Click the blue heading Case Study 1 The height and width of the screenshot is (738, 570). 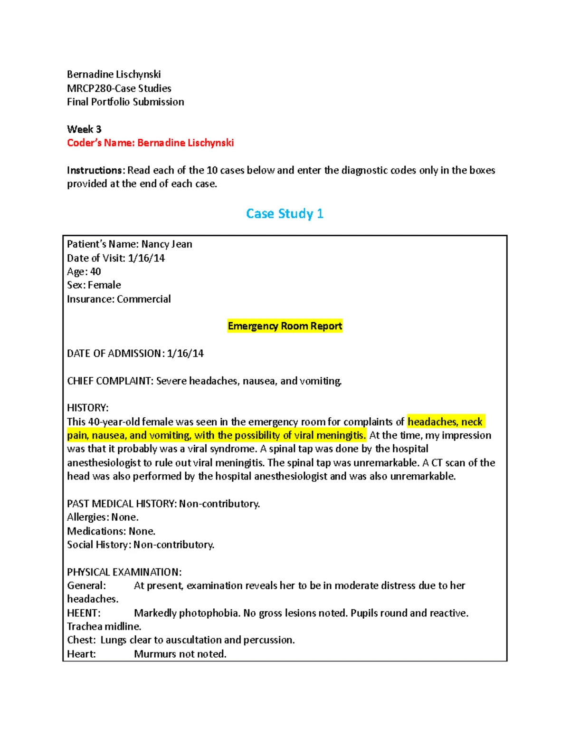(x=285, y=214)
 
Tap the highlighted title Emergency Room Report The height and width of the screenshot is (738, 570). (x=285, y=326)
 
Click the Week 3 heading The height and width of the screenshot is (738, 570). (x=84, y=129)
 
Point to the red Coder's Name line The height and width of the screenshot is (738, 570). (x=150, y=143)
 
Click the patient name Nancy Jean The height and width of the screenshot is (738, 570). (x=167, y=244)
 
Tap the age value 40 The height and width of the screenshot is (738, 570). (x=95, y=272)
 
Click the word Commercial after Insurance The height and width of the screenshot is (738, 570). (x=144, y=299)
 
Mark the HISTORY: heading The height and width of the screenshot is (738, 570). (x=88, y=408)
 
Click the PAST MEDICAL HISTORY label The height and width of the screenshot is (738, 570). (x=121, y=504)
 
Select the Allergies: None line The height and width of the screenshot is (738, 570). (x=103, y=517)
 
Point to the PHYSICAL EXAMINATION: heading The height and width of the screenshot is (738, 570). (x=124, y=572)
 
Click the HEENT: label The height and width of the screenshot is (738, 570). (x=84, y=613)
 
